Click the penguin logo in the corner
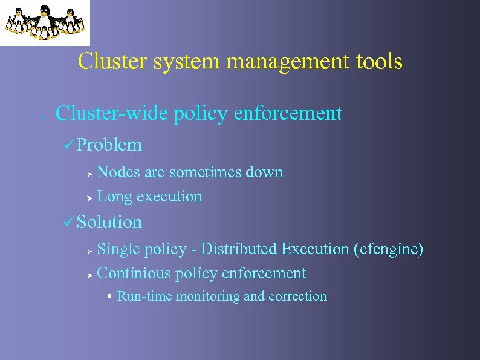(x=44, y=22)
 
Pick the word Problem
(x=109, y=145)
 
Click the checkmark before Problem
(x=68, y=145)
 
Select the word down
(x=264, y=172)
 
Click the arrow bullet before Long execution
(x=88, y=197)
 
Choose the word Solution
(x=109, y=223)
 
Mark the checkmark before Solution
(x=68, y=223)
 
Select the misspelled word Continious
(x=134, y=273)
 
